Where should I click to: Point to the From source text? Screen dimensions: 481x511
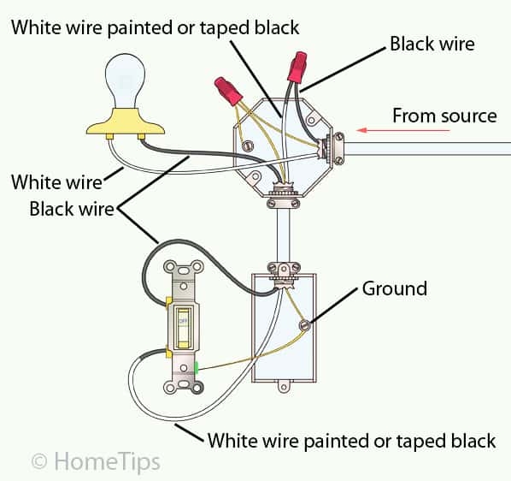pos(443,116)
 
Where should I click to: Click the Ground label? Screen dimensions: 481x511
pos(394,288)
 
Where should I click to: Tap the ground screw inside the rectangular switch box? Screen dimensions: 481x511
pos(305,324)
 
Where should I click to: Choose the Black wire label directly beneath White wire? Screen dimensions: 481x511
pos(72,208)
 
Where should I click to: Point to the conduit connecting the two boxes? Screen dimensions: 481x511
pos(280,235)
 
